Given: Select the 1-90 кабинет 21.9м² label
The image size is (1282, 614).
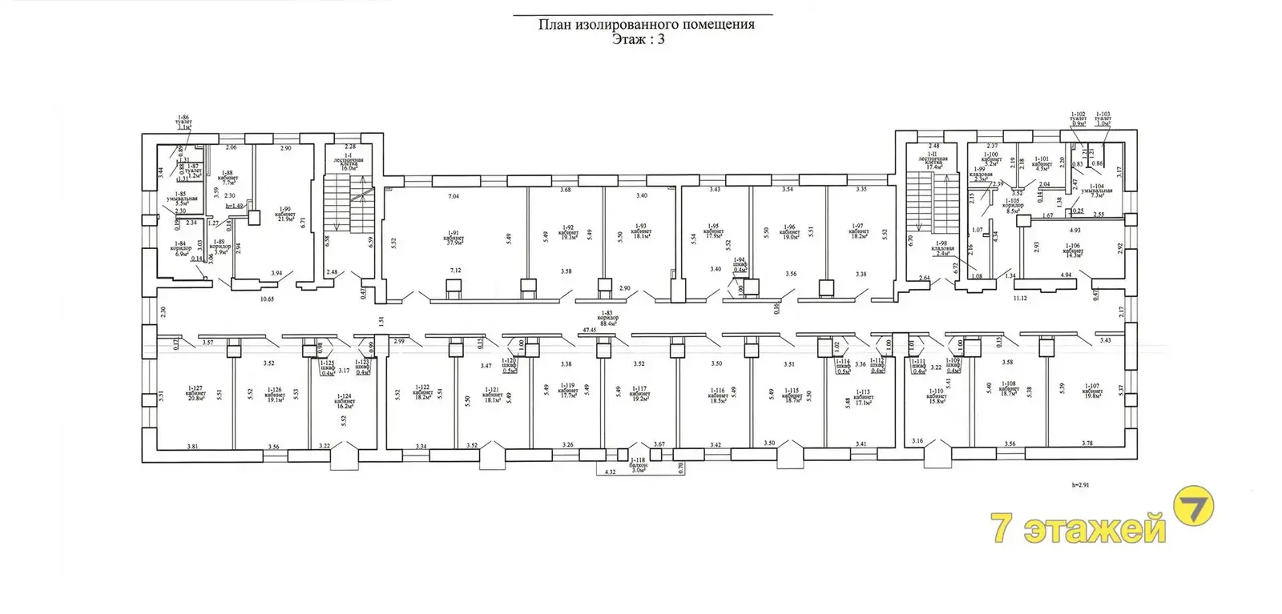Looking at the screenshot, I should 284,215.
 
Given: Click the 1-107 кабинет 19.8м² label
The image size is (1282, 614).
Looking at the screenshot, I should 1091,391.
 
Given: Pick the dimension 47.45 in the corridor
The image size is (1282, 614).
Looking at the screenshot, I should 591,329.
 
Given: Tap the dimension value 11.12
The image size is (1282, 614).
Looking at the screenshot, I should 1019,298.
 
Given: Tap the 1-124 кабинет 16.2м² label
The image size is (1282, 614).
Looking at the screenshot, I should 345,403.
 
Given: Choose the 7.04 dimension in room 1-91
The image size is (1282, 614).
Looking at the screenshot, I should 454,196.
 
